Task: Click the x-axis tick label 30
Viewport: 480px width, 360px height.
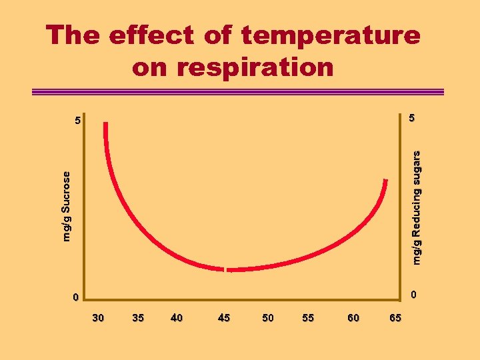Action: point(98,318)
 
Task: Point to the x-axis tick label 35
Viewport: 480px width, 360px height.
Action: point(138,318)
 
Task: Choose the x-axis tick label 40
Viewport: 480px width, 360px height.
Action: point(177,318)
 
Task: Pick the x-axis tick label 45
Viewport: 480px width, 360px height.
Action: point(224,318)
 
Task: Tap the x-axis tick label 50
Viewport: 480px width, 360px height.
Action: point(267,318)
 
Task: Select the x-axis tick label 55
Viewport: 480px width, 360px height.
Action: point(308,318)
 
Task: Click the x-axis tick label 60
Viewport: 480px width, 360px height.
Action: point(353,318)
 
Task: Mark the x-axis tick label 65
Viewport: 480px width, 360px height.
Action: point(395,318)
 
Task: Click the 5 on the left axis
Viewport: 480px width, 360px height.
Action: point(78,122)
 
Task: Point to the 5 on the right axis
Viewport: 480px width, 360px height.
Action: point(412,118)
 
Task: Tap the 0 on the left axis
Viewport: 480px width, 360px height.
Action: point(77,297)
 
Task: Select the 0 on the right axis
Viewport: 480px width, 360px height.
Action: point(413,294)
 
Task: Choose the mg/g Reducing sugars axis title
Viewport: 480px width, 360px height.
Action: point(417,207)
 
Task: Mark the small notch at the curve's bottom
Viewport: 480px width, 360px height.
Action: point(227,269)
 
